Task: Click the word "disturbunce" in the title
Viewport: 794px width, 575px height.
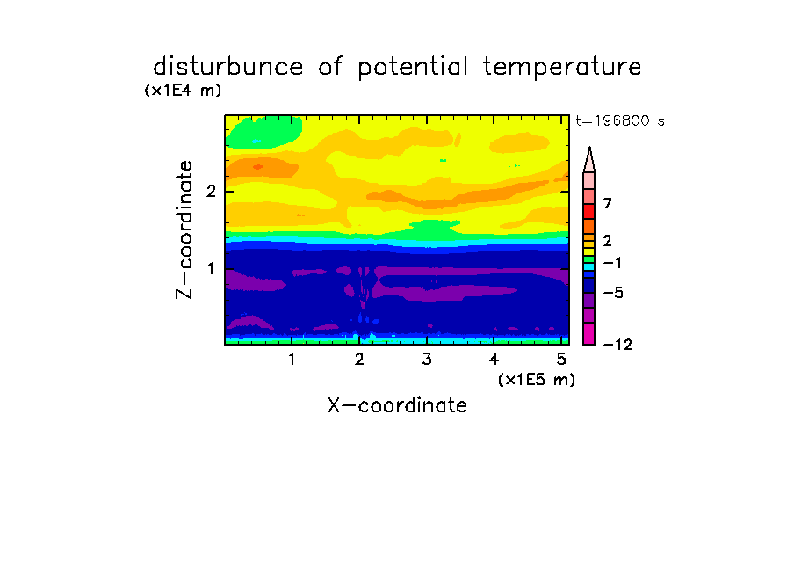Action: tap(227, 67)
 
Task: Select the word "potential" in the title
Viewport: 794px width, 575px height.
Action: tap(413, 68)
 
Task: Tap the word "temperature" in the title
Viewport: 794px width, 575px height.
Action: tap(562, 68)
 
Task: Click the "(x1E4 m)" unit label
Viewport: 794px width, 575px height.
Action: tap(183, 91)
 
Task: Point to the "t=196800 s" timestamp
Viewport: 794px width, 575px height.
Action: tap(620, 120)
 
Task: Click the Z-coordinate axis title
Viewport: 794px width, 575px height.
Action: tap(184, 229)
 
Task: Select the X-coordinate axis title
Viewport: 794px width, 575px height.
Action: tap(397, 405)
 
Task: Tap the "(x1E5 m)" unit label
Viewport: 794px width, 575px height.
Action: tap(537, 379)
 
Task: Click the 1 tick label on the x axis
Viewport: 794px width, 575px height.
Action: tap(292, 359)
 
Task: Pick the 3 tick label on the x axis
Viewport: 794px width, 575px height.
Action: tap(427, 359)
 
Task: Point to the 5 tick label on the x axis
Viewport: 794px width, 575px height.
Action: tap(561, 359)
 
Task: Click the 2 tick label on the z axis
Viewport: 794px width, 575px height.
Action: tap(211, 191)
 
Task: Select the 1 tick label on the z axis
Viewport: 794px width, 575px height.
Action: tap(211, 268)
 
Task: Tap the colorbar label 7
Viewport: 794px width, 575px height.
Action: tap(608, 203)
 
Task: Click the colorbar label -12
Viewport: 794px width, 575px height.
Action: tap(617, 345)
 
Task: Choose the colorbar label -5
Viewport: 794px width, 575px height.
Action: tap(613, 293)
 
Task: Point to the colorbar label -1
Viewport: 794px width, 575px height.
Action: tap(612, 263)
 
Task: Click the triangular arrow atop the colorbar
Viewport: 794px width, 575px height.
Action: tap(589, 159)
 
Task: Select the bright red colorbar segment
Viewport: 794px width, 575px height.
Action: tap(589, 211)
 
